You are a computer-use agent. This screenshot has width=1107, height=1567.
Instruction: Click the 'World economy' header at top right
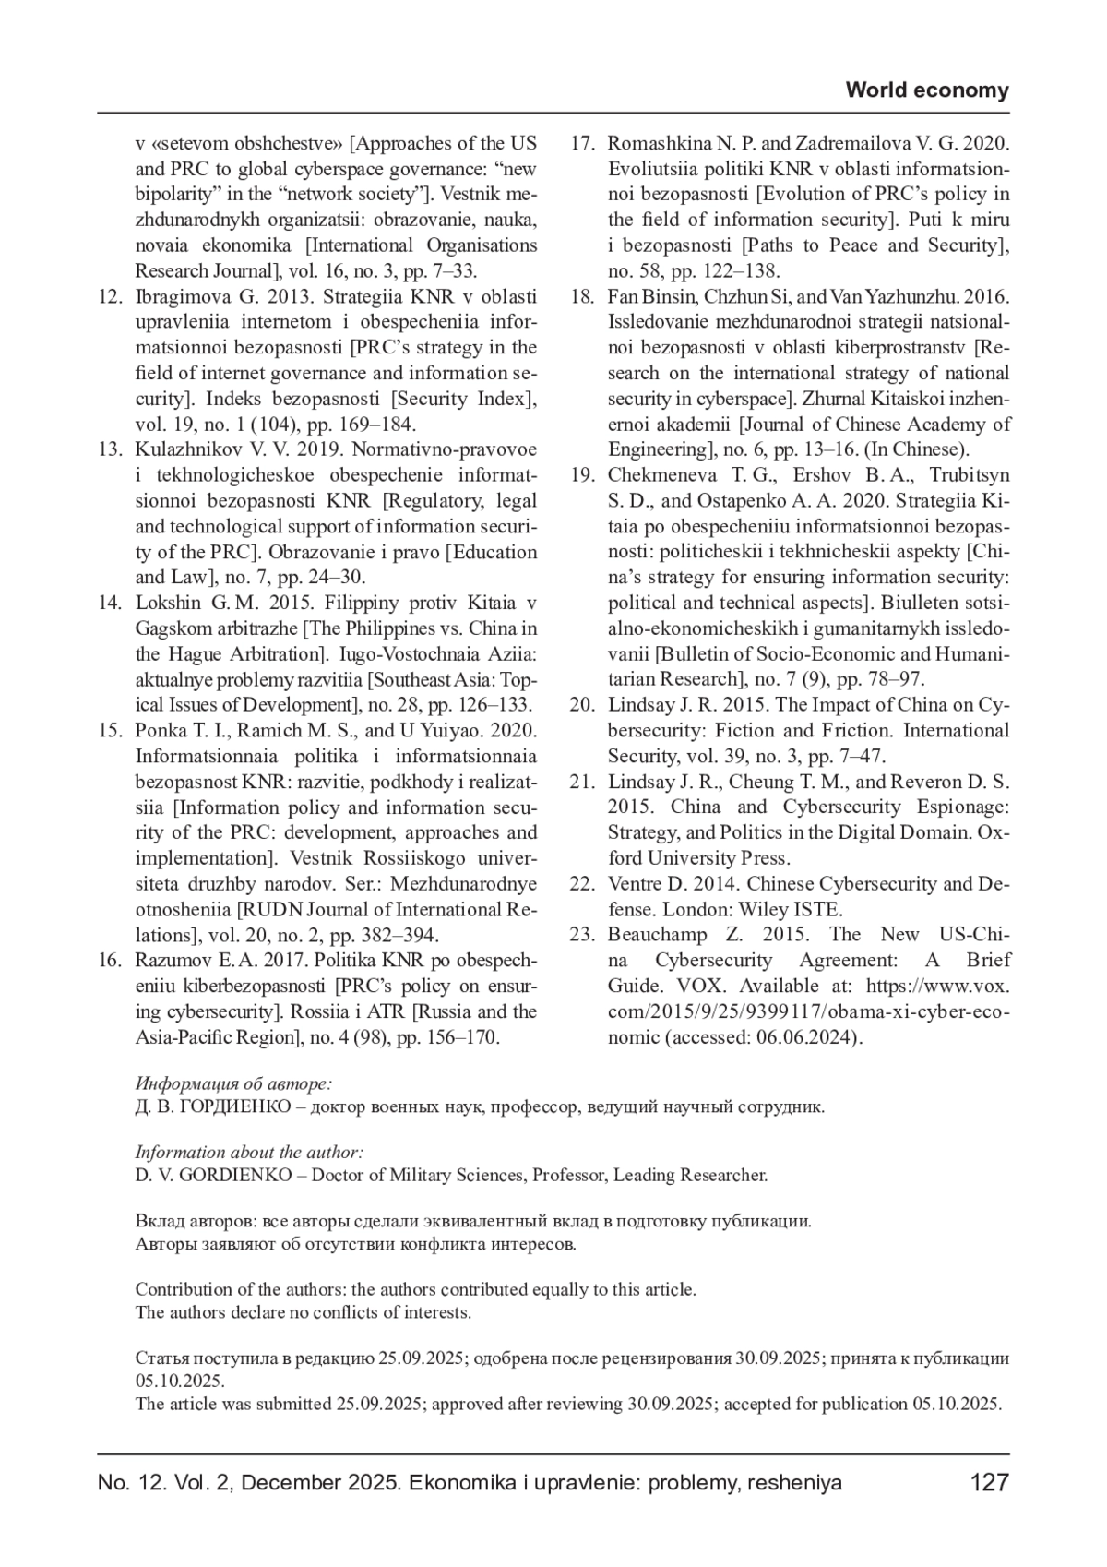coord(927,90)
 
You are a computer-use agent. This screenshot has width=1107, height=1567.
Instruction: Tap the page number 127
coord(990,1483)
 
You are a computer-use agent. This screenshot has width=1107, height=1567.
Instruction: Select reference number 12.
coord(110,297)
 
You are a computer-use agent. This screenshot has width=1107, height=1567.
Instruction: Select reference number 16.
coord(110,961)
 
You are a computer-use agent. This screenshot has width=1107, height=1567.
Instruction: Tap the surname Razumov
coord(173,961)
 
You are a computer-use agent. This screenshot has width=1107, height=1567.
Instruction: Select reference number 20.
coord(581,705)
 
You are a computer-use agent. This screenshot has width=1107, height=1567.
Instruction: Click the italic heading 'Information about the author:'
coord(249,1153)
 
